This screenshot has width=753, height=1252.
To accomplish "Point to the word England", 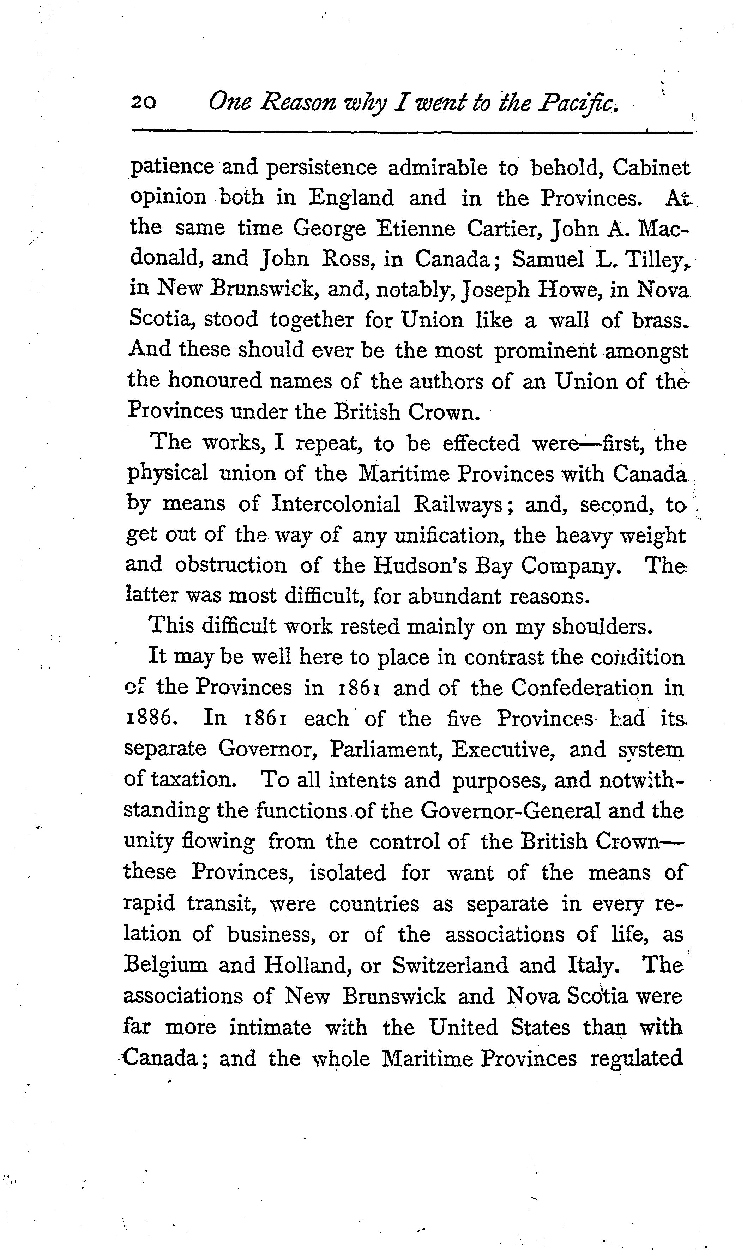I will (x=351, y=198).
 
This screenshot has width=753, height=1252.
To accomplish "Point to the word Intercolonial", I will (x=336, y=504).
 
